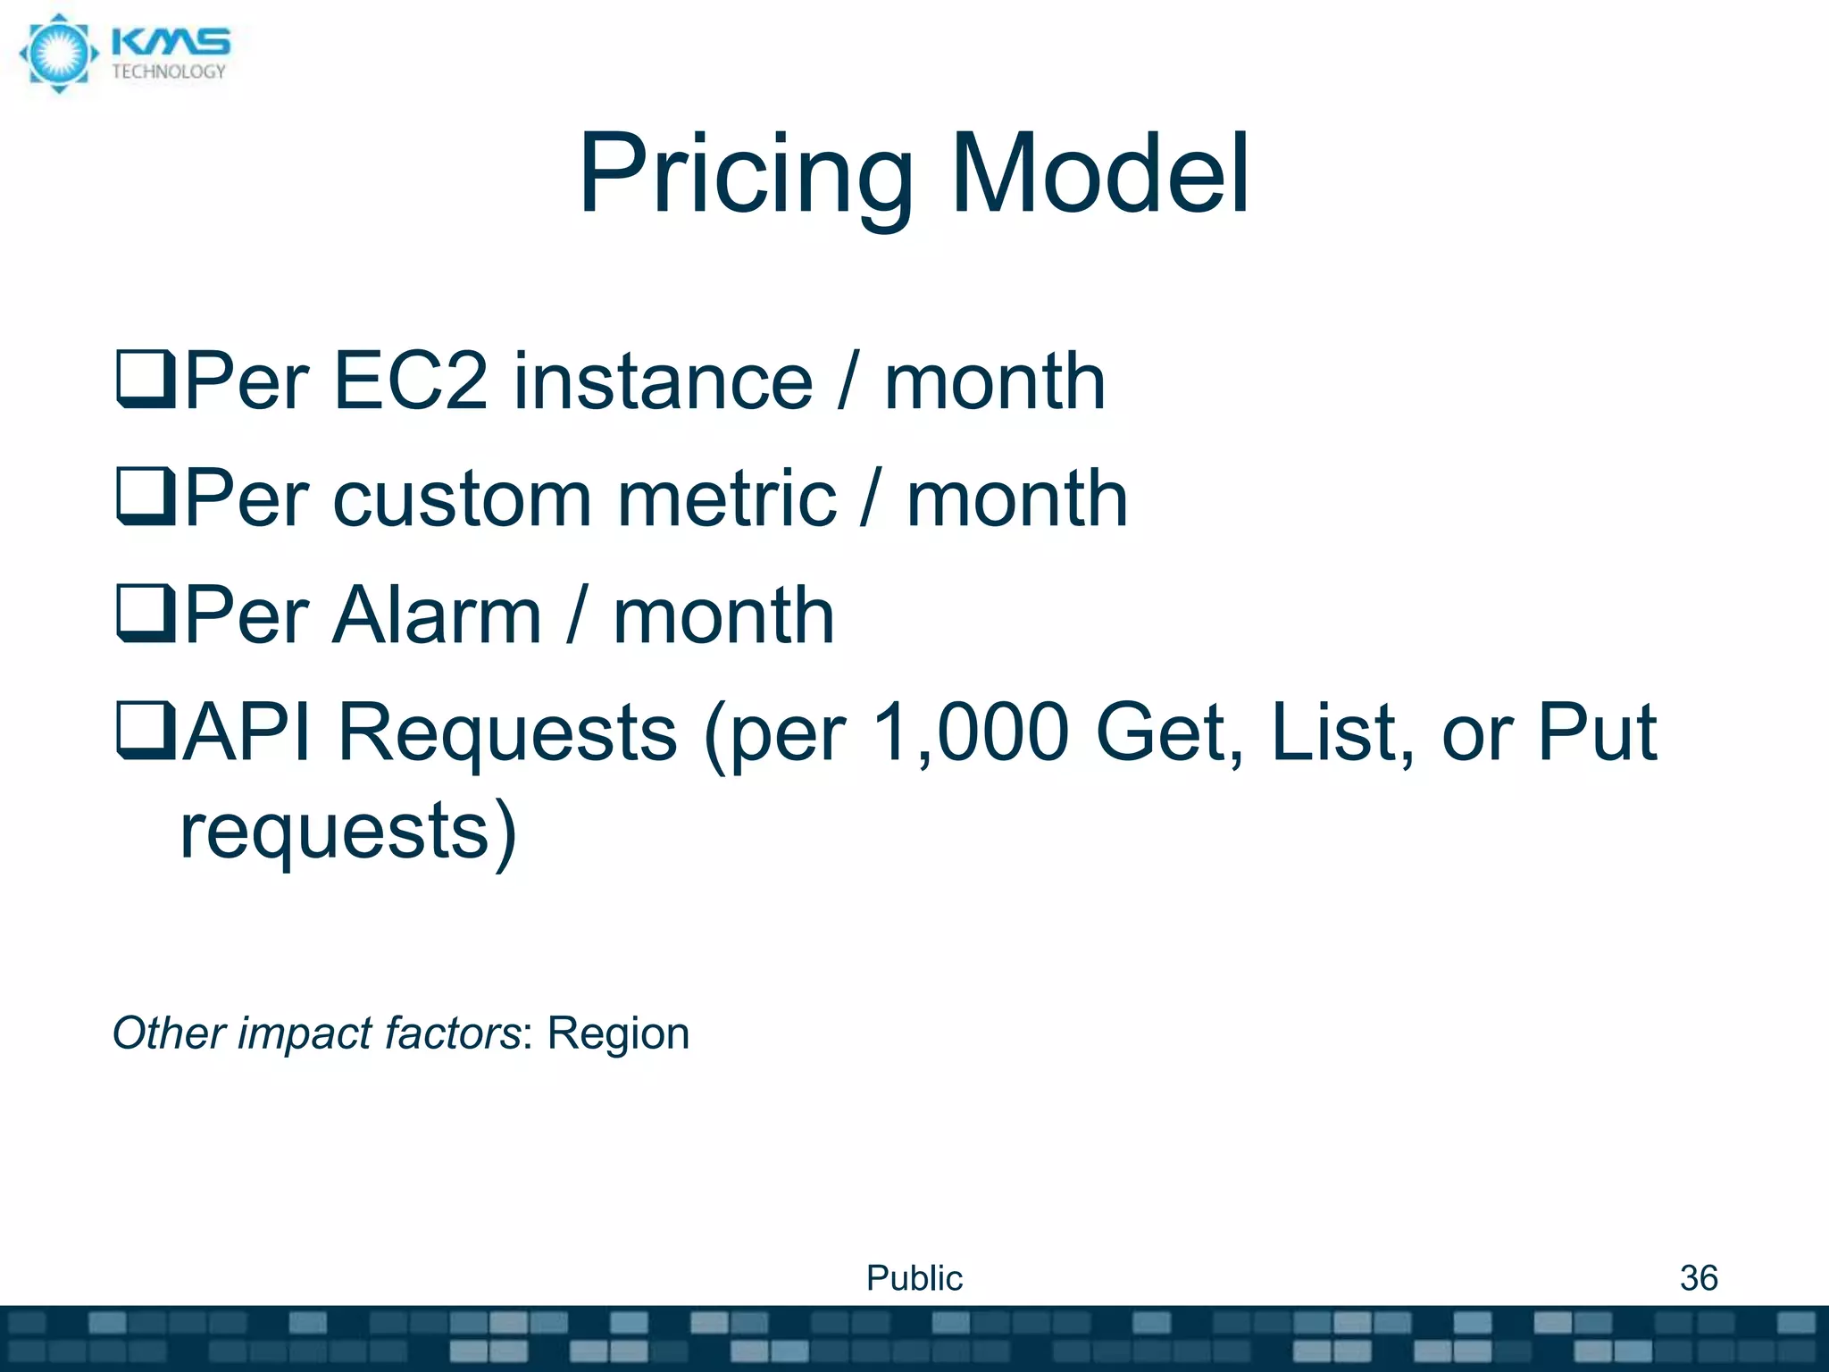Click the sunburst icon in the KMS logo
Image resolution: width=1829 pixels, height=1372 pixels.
[58, 54]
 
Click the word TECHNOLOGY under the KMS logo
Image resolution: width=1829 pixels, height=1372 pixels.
[169, 72]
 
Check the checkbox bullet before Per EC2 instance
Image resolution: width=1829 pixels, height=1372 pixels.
[146, 381]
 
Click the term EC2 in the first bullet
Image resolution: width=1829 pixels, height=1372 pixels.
[410, 381]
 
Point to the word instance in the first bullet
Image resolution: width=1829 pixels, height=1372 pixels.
[663, 381]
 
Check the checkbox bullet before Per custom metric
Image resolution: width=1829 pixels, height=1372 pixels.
[146, 498]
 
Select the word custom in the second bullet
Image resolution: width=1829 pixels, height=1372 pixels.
[462, 499]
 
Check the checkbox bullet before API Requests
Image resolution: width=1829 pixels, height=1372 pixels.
[146, 732]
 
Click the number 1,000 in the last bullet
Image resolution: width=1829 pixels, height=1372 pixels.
[970, 732]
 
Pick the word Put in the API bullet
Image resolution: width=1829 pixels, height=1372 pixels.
[1596, 732]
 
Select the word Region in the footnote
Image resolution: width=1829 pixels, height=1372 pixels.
[618, 1033]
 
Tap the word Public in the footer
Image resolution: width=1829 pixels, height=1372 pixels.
[914, 1278]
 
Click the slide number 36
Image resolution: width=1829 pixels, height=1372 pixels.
[1699, 1278]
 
